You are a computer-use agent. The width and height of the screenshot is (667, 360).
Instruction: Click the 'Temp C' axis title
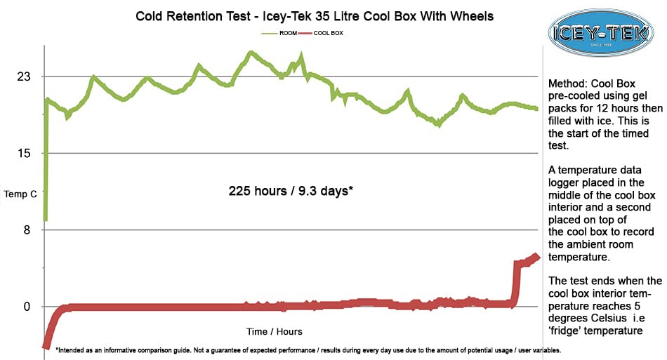(x=20, y=194)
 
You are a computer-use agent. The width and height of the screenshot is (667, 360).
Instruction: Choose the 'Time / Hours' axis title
(x=275, y=331)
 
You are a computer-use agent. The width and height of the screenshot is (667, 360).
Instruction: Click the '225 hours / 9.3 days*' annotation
(x=290, y=191)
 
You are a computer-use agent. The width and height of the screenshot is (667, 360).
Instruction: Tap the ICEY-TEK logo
(x=601, y=32)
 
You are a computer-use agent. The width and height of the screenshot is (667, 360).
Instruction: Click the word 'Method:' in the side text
(x=567, y=83)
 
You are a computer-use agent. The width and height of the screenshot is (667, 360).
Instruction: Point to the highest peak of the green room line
(x=250, y=52)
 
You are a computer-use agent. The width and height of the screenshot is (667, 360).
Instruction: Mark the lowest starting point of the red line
(x=46, y=347)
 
